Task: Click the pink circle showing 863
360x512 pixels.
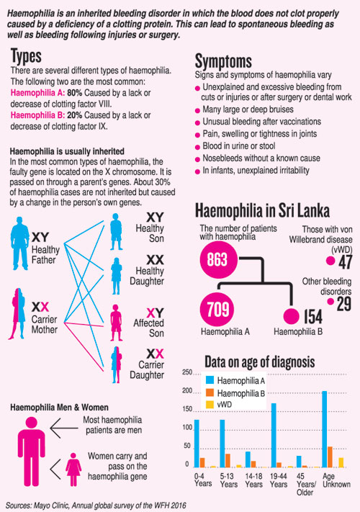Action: [218, 260]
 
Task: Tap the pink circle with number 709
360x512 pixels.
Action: [217, 309]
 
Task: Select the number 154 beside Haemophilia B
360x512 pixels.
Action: [313, 316]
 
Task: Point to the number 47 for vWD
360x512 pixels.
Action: [346, 262]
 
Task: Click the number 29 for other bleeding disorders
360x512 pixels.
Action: [344, 304]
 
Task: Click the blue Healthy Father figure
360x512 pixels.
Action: [20, 243]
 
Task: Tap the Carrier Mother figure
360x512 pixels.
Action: [17, 313]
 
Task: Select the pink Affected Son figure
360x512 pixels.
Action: [116, 323]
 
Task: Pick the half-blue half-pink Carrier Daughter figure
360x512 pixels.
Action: [116, 364]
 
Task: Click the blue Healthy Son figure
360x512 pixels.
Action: [116, 232]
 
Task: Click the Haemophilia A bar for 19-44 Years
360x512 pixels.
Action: [274, 435]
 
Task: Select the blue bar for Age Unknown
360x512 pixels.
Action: [325, 429]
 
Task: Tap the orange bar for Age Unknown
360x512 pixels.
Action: [330, 457]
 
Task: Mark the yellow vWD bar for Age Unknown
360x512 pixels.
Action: [341, 462]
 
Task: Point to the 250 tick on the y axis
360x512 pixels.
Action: [187, 372]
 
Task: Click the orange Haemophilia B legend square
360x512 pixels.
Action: [210, 392]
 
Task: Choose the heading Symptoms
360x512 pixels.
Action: [223, 61]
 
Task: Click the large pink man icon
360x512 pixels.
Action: [32, 452]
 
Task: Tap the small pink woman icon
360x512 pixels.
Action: [73, 470]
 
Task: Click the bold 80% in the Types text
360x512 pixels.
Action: [75, 93]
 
